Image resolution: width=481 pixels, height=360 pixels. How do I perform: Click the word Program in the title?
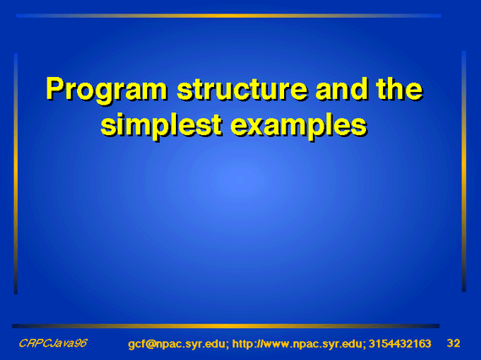click(107, 90)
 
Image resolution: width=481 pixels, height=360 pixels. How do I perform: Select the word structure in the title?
click(243, 89)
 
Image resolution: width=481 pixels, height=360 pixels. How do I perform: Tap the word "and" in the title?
click(342, 89)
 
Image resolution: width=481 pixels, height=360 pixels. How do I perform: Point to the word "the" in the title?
click(400, 89)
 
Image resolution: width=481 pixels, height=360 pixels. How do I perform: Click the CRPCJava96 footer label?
click(52, 343)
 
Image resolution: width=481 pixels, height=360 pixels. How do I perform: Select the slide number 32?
click(453, 343)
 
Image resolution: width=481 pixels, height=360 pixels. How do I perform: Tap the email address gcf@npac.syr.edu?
click(177, 344)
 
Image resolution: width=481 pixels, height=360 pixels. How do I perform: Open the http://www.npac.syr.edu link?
click(297, 344)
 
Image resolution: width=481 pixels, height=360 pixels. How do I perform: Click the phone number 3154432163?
click(400, 344)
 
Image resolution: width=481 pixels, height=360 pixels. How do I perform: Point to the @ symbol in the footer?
click(150, 344)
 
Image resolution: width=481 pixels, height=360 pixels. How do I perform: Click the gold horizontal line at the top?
click(228, 16)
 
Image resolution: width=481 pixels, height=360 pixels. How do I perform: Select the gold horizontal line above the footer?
click(226, 326)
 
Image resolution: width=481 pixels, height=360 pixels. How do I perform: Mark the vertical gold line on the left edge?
click(16, 173)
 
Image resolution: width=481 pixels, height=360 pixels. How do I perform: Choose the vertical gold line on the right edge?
click(464, 171)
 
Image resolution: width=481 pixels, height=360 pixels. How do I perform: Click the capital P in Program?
click(56, 89)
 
